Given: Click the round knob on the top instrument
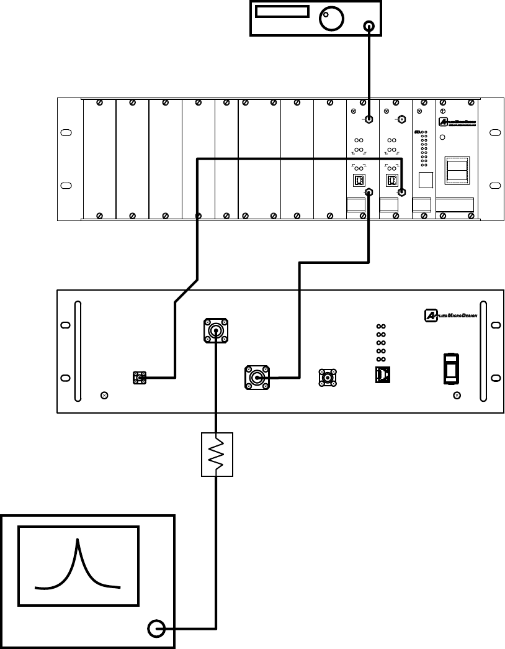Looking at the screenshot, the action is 331,19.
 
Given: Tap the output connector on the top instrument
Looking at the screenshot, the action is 370,26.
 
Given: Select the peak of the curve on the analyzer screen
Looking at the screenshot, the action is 78,541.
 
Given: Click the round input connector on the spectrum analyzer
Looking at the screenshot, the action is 156,630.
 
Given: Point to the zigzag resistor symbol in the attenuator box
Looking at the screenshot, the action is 217,455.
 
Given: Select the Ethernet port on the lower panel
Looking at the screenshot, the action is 383,375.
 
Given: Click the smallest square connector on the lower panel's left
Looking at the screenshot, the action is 140,377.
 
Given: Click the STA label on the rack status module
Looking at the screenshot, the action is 417,132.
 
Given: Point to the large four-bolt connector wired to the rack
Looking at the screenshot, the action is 257,376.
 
